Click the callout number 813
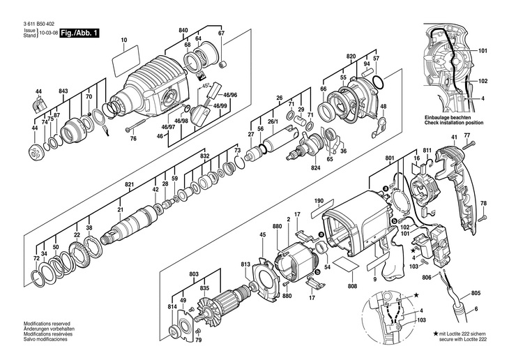click(245, 264)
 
